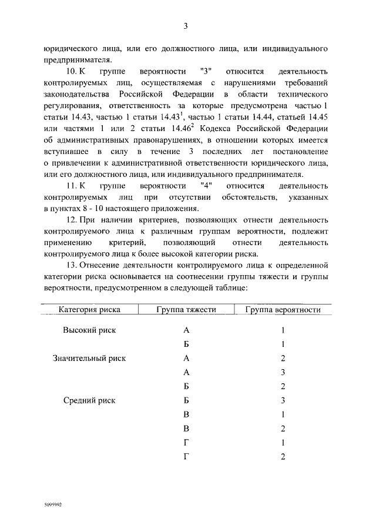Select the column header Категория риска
[89, 310]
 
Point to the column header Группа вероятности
[283, 310]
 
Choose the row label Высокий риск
[89, 330]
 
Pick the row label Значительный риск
[89, 358]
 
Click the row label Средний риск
[89, 400]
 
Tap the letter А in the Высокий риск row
[186, 330]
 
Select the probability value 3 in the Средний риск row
[283, 400]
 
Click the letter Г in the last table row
[186, 457]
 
